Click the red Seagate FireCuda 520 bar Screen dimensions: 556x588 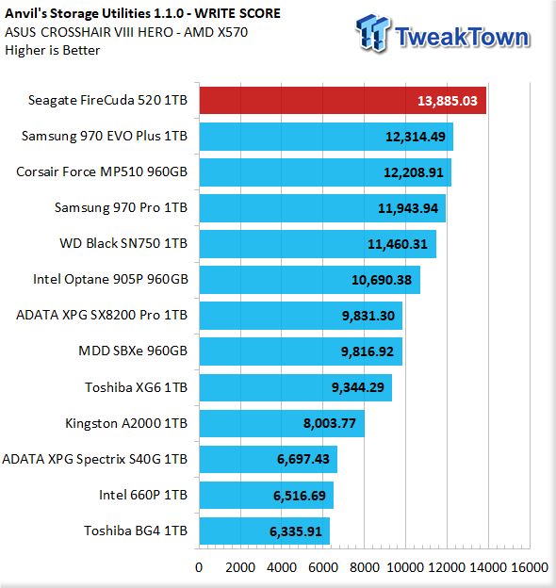click(343, 101)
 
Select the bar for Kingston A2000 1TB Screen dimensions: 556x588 click(282, 423)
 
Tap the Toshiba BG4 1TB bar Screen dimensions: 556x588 click(265, 531)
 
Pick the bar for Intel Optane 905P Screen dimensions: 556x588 click(310, 280)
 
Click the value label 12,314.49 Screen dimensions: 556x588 click(416, 137)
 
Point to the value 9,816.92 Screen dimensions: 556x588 click(368, 351)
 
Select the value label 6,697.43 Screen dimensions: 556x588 click(303, 459)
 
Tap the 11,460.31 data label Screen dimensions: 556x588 click(398, 244)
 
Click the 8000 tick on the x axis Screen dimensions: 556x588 click(364, 567)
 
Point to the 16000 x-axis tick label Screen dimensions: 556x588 click(530, 567)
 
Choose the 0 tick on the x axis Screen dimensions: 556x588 click(199, 567)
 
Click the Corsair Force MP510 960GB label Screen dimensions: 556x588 click(102, 171)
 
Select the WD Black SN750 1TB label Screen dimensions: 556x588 click(123, 243)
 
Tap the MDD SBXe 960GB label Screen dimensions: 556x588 click(133, 351)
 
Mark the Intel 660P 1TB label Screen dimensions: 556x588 click(143, 495)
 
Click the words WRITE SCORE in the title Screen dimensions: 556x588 click(237, 13)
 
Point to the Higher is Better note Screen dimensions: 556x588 click(53, 50)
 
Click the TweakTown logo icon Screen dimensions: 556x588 click(372, 33)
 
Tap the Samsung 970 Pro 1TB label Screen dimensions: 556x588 click(121, 207)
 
